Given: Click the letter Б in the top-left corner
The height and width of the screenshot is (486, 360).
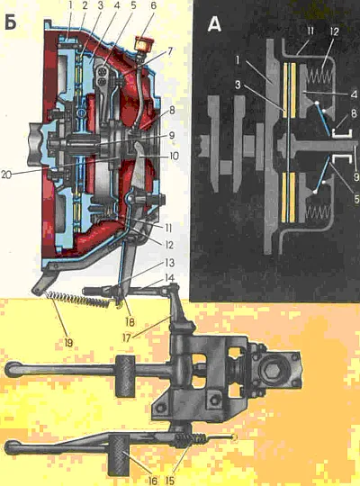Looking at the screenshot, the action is click(x=11, y=22).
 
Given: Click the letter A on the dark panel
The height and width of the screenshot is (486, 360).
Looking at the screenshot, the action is click(x=214, y=24).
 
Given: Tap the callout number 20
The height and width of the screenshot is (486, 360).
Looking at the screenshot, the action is click(x=7, y=175).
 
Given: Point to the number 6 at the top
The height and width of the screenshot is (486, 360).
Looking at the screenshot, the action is click(x=153, y=6).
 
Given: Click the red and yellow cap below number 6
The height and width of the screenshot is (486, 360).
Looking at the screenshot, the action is click(x=142, y=44).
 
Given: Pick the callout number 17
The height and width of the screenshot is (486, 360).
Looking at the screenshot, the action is click(x=127, y=337).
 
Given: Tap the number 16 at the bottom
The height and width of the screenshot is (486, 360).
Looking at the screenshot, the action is click(x=152, y=481).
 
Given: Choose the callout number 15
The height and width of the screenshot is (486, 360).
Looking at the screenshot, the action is click(x=169, y=481).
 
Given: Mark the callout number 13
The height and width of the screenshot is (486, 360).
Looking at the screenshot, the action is click(x=169, y=263).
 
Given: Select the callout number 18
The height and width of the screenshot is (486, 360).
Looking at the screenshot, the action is click(x=130, y=321).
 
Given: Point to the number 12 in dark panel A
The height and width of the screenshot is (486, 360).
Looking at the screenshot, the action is click(x=334, y=31).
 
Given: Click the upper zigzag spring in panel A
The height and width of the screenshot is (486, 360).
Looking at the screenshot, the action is click(x=320, y=76).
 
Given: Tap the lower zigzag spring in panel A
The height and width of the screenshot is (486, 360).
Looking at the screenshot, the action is click(x=318, y=213).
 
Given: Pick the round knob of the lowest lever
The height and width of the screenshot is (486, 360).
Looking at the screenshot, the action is click(x=13, y=447).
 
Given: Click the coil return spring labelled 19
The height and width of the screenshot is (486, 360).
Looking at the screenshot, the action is click(x=77, y=300).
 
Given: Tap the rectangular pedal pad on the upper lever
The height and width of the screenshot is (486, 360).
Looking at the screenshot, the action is click(x=126, y=376).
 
